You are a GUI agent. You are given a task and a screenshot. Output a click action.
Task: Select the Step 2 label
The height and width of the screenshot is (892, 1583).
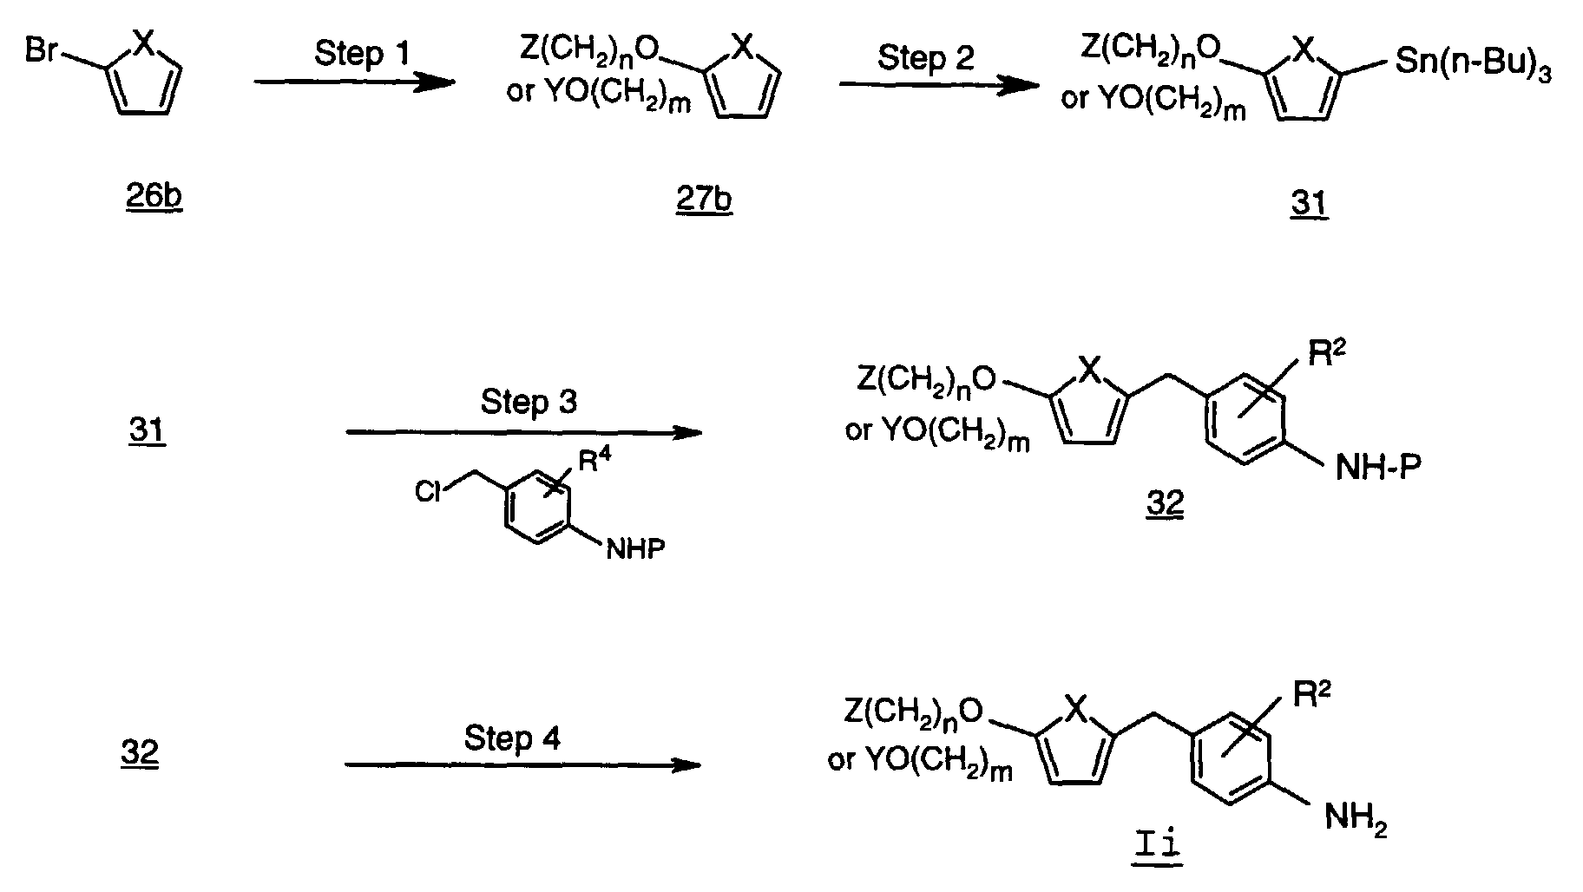[925, 58]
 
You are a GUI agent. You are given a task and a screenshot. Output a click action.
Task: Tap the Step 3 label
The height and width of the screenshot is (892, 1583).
[528, 403]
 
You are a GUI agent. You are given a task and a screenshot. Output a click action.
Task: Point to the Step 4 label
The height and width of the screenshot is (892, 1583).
[512, 738]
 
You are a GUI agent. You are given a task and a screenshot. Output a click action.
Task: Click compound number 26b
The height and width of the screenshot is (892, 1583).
[154, 197]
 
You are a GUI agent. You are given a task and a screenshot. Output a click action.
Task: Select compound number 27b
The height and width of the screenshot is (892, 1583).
[704, 200]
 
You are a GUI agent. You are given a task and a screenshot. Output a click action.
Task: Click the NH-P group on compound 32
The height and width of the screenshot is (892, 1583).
[1377, 469]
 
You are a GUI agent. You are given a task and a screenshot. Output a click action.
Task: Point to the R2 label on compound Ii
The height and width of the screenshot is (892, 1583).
[1311, 695]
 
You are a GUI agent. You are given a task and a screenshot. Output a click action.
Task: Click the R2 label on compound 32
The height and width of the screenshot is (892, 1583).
[1326, 354]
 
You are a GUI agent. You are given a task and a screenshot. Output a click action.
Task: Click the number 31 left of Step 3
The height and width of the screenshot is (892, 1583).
[147, 430]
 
